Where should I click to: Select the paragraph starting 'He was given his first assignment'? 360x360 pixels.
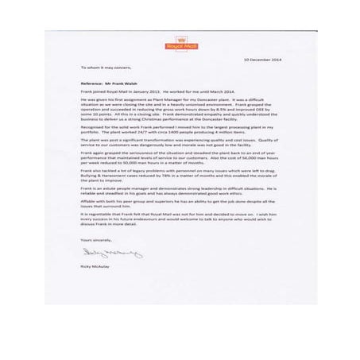tap(178, 110)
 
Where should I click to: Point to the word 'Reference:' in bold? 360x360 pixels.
tap(93, 83)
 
